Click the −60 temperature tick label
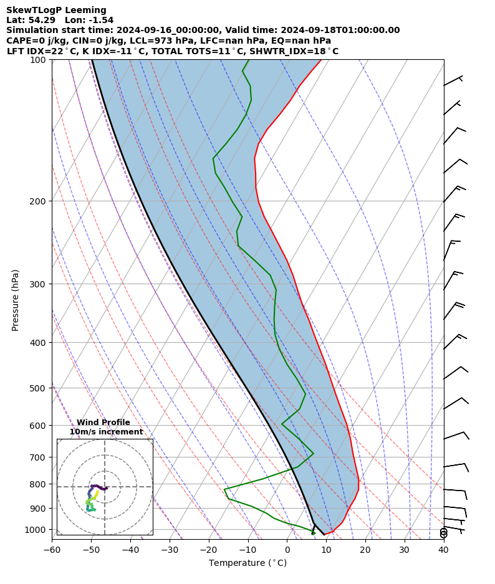coord(52,550)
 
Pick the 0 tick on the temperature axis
coord(287,550)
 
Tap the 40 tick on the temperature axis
coord(443,550)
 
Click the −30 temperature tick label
coord(169,550)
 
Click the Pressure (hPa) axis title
coord(16,300)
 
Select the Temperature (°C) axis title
coord(247,563)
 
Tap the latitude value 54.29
coord(38,20)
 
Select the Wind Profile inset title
coord(103,423)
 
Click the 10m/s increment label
coord(106,432)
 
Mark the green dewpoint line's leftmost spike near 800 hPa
coord(225,489)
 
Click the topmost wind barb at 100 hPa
coord(453,81)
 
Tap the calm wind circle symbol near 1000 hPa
coord(444,533)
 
